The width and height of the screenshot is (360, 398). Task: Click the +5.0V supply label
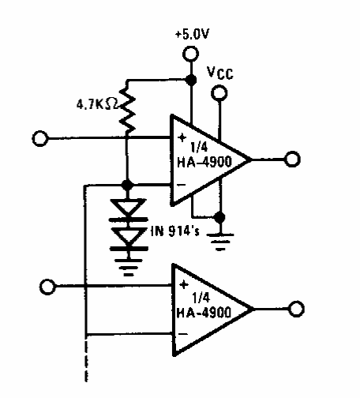[x=192, y=34]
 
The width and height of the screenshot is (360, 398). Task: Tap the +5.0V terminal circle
[x=190, y=54]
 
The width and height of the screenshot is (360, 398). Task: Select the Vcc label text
[x=220, y=73]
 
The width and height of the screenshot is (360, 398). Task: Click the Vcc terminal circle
[x=219, y=93]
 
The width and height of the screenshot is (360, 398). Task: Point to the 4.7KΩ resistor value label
[x=97, y=105]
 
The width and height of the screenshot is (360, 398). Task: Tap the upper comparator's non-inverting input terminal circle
[x=40, y=138]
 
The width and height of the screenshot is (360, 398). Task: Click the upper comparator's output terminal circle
[x=292, y=159]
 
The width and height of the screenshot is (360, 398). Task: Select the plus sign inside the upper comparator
[x=182, y=137]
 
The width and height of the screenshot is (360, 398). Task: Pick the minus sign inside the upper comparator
[x=182, y=185]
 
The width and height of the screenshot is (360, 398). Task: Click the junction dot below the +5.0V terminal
[x=191, y=79]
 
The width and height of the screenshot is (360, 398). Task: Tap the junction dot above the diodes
[x=127, y=185]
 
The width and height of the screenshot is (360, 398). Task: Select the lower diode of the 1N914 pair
[x=129, y=239]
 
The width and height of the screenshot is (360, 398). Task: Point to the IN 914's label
[x=175, y=231]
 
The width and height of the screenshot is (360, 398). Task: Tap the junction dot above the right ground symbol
[x=219, y=217]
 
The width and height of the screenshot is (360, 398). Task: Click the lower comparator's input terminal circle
[x=47, y=287]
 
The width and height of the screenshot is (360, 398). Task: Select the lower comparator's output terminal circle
[x=296, y=309]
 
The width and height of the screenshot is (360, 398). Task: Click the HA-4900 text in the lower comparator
[x=204, y=313]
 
